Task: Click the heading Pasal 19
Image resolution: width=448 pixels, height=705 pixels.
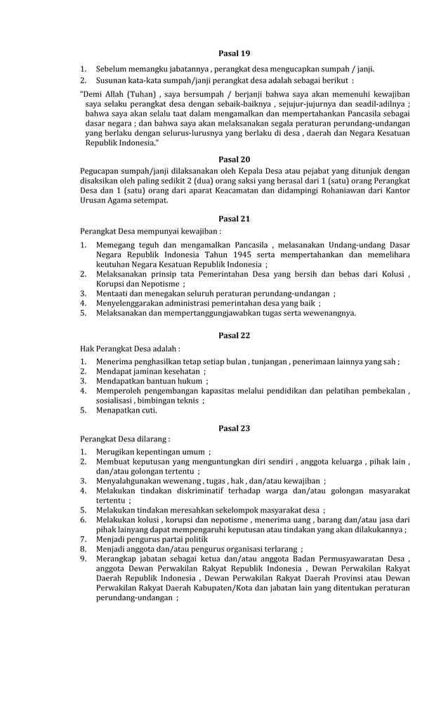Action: coord(234,53)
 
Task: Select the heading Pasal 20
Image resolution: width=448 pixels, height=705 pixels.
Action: coord(234,159)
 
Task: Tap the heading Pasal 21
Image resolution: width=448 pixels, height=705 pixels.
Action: coord(234,218)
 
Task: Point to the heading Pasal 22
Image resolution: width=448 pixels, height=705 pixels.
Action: coord(234,335)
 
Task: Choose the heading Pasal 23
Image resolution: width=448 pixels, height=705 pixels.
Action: coord(234,427)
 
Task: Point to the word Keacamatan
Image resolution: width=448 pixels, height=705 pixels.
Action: coord(237,190)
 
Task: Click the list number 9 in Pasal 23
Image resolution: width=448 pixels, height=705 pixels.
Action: coord(82,560)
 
